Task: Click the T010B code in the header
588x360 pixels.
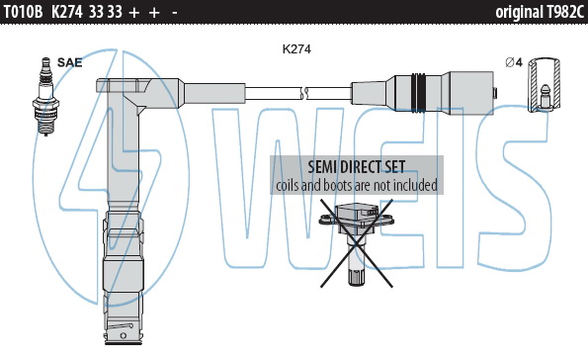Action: (x=23, y=12)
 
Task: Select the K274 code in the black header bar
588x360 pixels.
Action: (x=67, y=12)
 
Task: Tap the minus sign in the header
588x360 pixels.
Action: (x=174, y=13)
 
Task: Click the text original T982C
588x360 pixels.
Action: (x=540, y=12)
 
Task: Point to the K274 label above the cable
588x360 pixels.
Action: (x=296, y=49)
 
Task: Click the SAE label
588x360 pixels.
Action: (x=69, y=62)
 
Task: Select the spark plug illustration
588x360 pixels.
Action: (x=45, y=96)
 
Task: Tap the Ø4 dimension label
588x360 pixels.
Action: (x=514, y=62)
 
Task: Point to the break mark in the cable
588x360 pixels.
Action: (x=304, y=93)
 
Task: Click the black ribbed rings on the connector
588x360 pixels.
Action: (x=419, y=93)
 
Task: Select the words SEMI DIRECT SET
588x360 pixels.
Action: (x=356, y=167)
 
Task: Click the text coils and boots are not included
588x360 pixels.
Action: (x=357, y=185)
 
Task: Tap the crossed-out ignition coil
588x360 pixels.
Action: (x=356, y=243)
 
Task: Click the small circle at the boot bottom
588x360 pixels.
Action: (x=123, y=335)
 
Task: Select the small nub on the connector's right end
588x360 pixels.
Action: (x=495, y=93)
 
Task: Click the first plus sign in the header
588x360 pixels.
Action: (x=133, y=13)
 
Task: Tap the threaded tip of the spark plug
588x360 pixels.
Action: (x=46, y=128)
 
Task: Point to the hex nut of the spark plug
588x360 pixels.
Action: (x=45, y=103)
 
